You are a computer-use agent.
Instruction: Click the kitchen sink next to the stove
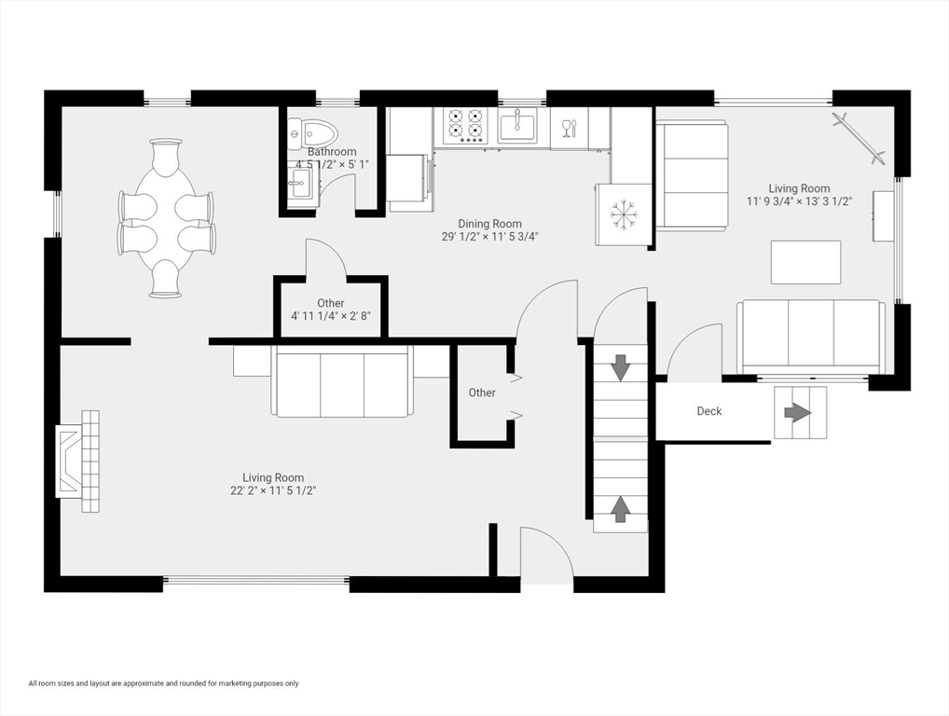click(516, 125)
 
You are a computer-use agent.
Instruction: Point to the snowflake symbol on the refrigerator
click(623, 214)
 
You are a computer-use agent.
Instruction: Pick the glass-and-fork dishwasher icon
click(569, 128)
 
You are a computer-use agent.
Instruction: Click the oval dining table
click(166, 217)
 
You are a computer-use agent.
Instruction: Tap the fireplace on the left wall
click(78, 461)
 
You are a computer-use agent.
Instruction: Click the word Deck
click(709, 411)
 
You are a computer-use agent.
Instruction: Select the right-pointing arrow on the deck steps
click(798, 412)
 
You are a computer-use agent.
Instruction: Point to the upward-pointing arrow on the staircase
click(620, 508)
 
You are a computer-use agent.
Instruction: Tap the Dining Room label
click(489, 224)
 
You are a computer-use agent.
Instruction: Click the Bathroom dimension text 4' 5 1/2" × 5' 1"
click(333, 165)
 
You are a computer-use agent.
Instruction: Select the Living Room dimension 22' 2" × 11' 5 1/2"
click(273, 490)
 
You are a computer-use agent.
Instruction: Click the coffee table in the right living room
click(805, 262)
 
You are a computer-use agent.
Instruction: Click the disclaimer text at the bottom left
click(163, 683)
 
